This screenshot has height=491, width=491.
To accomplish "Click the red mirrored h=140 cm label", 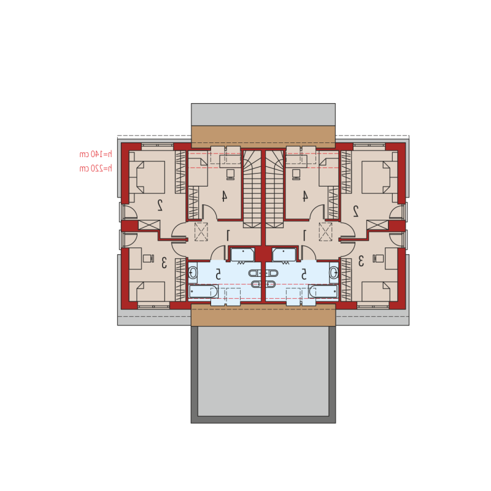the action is pos(96,154).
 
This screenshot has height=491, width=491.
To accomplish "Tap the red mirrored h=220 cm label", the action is pos(96,168).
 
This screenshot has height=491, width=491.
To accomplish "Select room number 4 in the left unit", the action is pos(224,196).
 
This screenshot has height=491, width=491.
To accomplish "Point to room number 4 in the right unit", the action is pos(304,196).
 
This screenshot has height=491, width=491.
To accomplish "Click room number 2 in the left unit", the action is pos(160,205).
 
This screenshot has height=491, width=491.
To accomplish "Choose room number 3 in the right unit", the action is pos(361,261).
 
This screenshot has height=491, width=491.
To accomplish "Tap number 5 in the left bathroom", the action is pos(218,274).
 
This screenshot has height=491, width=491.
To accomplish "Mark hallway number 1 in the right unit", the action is pos(304,236).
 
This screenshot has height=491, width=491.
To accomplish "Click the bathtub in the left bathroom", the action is pos(203,292).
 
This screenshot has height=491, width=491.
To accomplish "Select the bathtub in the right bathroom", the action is pos(323,292).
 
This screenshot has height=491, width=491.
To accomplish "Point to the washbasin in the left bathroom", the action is pos(193,273).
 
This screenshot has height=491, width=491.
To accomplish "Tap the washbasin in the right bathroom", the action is pos(334,273).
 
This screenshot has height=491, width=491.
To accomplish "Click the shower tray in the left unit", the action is pos(242,255).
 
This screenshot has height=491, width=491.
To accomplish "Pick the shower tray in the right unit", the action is pos(284,255).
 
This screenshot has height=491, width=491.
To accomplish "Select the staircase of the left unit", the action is pos(252,189).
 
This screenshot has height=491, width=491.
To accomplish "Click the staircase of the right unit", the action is pos(274,189).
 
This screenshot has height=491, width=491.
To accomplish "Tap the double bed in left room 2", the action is pos(147,177).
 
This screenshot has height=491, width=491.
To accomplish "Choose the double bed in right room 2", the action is pos(379,177).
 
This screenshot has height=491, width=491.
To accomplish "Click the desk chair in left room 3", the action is pos(149,258).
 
